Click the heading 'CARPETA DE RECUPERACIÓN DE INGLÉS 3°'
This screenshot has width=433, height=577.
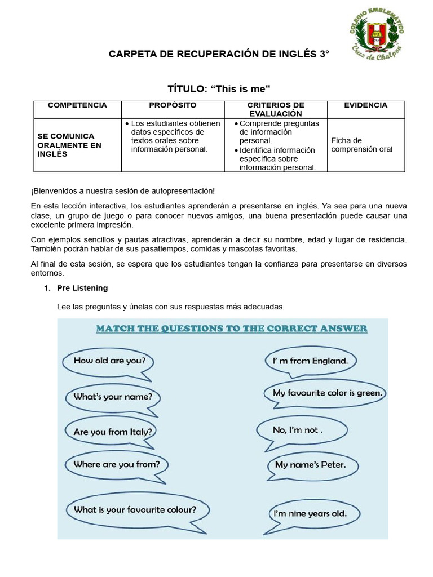coord(218,55)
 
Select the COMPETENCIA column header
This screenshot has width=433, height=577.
coord(77,105)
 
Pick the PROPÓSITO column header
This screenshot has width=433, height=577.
coord(173,105)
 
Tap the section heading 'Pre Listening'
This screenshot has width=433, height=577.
coord(82,288)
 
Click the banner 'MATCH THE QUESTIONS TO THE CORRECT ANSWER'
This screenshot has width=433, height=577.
coord(232,328)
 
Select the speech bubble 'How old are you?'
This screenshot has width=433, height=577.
coord(105,361)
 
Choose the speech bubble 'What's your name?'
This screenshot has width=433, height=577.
coord(113,396)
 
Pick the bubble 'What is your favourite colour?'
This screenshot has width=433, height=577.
coord(135,509)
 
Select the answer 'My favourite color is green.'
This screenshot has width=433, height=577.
coord(328,393)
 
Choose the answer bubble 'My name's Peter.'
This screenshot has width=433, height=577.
coord(310,465)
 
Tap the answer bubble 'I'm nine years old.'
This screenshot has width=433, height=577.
coord(310,513)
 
